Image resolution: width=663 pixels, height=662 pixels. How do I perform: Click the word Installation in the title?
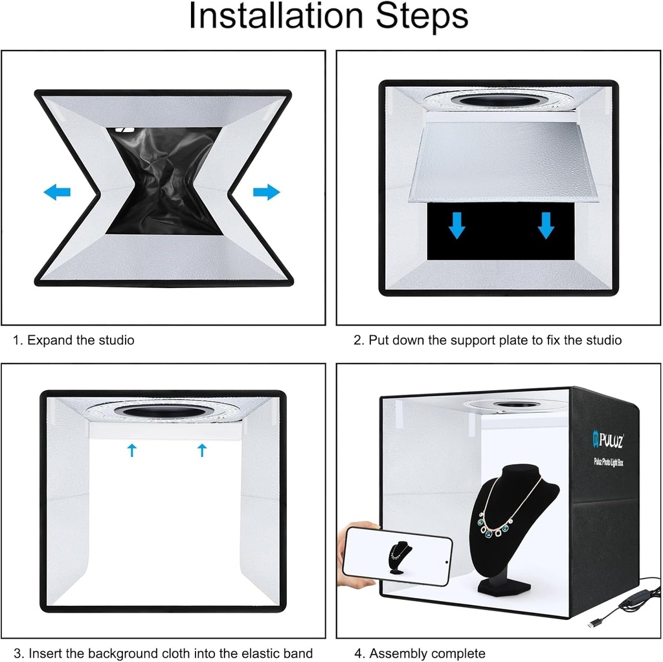pos(276,16)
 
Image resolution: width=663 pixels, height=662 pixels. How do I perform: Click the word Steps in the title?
pos(422,16)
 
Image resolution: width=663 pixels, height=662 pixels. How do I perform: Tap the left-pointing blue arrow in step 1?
pos(57,192)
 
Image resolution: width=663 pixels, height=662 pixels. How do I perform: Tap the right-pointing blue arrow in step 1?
pos(266,192)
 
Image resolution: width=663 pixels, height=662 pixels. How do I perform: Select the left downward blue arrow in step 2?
pos(456,226)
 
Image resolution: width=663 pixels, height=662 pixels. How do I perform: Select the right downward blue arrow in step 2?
pos(546,226)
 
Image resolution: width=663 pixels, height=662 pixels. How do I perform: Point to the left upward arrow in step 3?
pos(132,450)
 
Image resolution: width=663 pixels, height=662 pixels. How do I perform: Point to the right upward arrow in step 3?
pos(202,450)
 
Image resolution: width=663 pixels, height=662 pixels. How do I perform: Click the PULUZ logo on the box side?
pos(608,440)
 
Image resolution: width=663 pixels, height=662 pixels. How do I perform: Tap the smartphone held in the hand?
pos(397,557)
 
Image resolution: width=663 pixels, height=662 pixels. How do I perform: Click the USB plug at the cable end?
pos(595,624)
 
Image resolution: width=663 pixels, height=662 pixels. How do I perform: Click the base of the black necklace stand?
pos(504,587)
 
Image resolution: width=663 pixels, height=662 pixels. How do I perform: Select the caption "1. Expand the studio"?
pos(74,340)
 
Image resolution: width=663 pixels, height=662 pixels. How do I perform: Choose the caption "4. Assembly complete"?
pos(420,654)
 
